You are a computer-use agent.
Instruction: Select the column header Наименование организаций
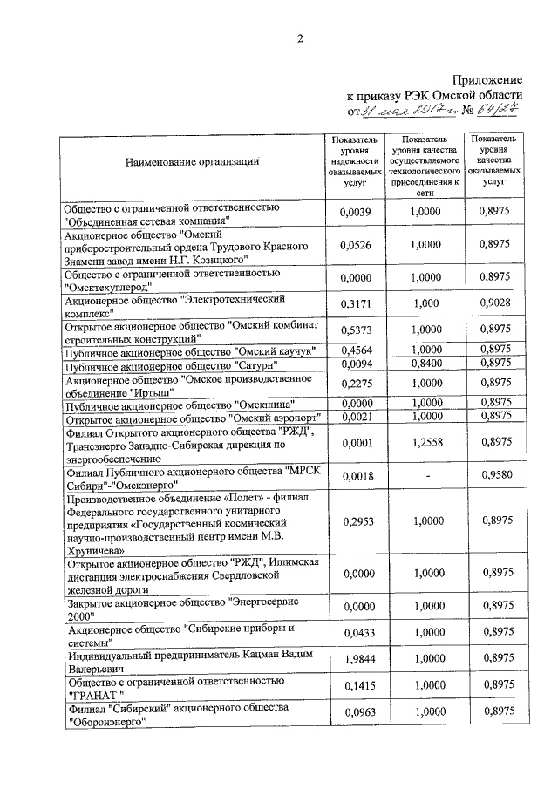[192, 161]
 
